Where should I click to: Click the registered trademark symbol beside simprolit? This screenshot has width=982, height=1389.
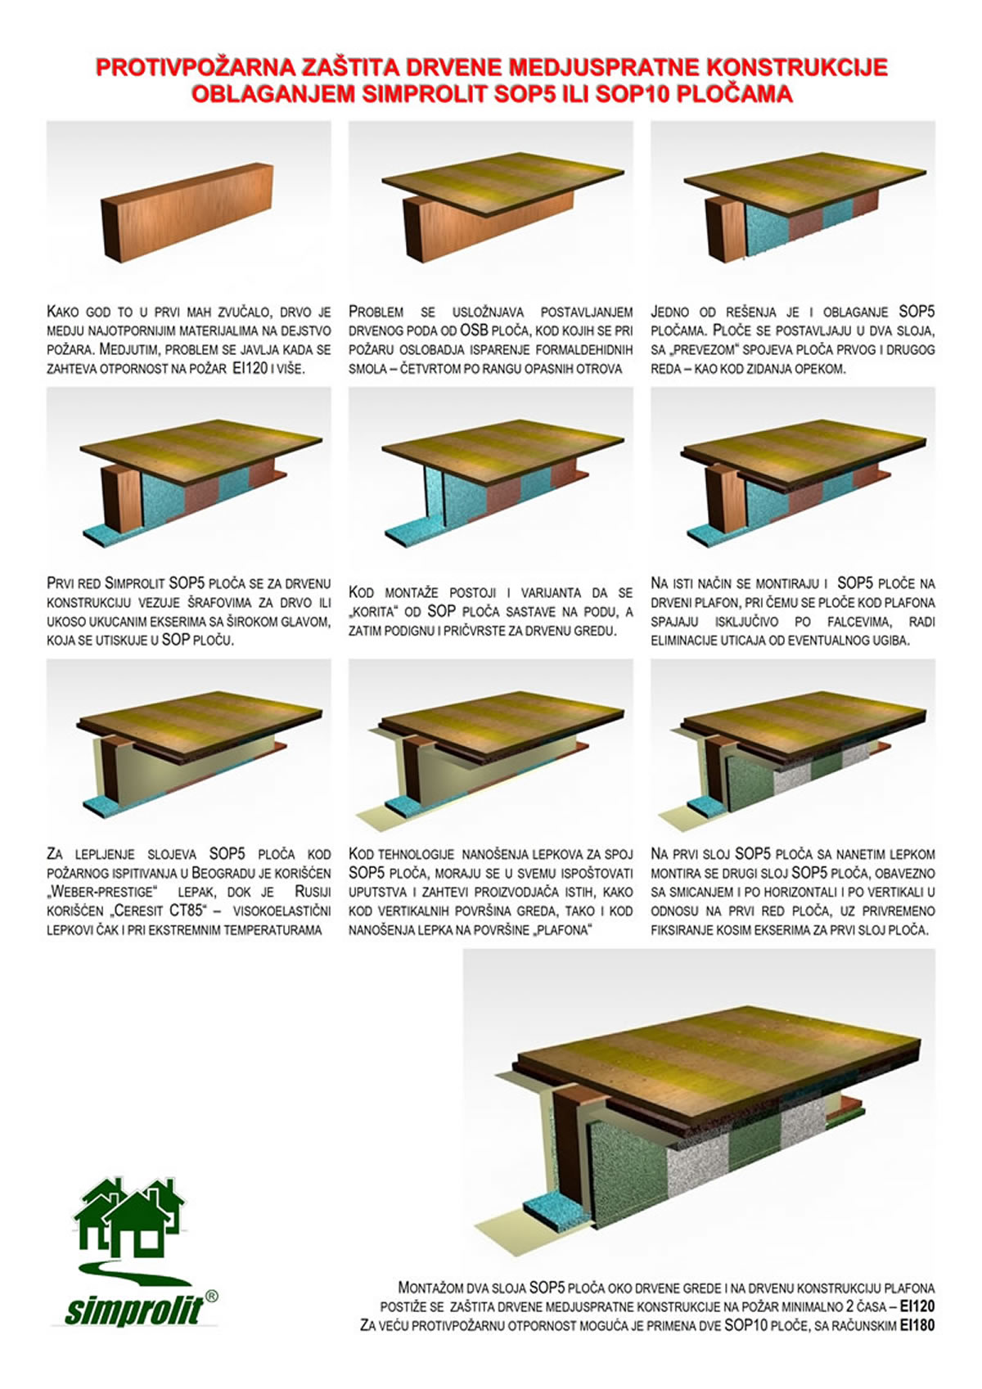pyautogui.click(x=211, y=1296)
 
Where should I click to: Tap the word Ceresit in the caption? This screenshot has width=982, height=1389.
pyautogui.click(x=142, y=911)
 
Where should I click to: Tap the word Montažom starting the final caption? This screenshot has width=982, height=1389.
pyautogui.click(x=430, y=1288)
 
